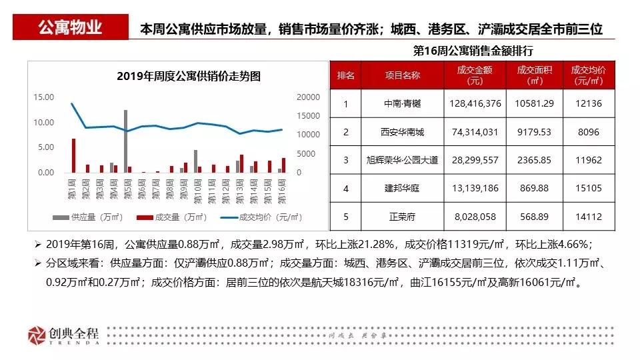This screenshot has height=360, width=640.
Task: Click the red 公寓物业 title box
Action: [71, 28]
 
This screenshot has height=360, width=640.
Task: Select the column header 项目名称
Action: [403, 75]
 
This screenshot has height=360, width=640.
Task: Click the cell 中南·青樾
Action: [403, 104]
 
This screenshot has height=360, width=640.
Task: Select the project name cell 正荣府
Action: [403, 216]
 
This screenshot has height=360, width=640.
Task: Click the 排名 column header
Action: [346, 75]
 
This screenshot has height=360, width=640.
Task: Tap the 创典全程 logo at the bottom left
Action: [64, 335]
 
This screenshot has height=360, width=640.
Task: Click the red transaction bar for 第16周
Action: [283, 165]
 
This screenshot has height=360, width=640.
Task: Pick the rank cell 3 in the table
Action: [346, 160]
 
